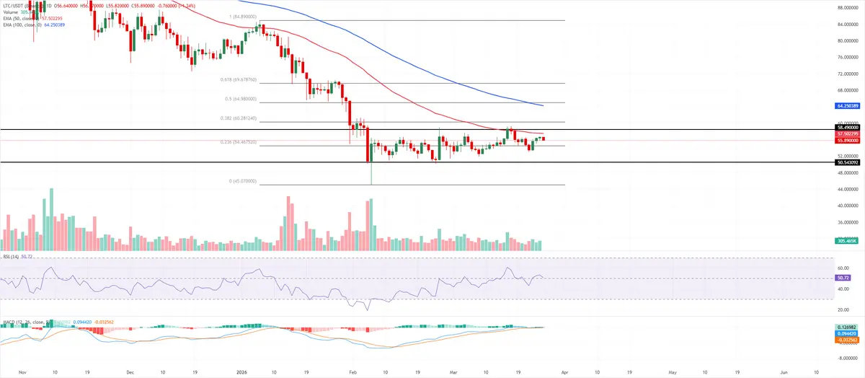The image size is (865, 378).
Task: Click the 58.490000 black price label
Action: pos(847,127)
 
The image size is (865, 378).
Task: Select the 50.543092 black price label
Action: pos(847,163)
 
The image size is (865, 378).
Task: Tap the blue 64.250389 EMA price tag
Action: pos(847,106)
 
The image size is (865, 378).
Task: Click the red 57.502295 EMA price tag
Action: pos(847,133)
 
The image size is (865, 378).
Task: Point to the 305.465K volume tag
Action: pos(847,241)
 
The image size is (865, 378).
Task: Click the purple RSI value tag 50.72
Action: pos(843,278)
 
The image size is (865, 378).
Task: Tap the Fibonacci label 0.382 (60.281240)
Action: pos(238,118)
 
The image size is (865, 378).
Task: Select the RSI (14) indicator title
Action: pos(13,256)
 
